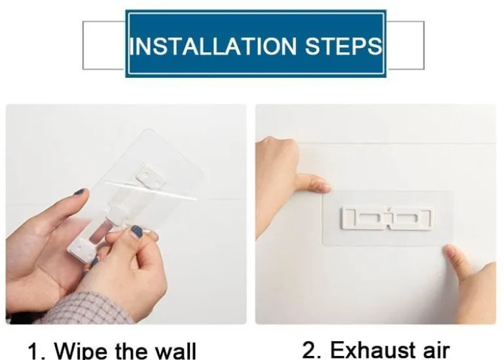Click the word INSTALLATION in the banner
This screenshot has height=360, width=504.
tap(213, 46)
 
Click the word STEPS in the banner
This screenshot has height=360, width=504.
tap(343, 46)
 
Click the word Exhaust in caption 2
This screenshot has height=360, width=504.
tap(372, 350)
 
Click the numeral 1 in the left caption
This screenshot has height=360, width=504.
tap(35, 351)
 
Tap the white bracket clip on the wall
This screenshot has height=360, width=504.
tap(387, 219)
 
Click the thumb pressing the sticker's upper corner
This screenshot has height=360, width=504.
tap(314, 183)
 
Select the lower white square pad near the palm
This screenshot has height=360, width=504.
tap(81, 250)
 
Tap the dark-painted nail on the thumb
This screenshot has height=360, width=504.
tap(137, 231)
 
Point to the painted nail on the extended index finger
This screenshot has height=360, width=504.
tap(80, 192)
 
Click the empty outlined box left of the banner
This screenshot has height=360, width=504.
tap(103, 45)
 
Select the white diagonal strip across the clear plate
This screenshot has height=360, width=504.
tap(151, 190)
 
